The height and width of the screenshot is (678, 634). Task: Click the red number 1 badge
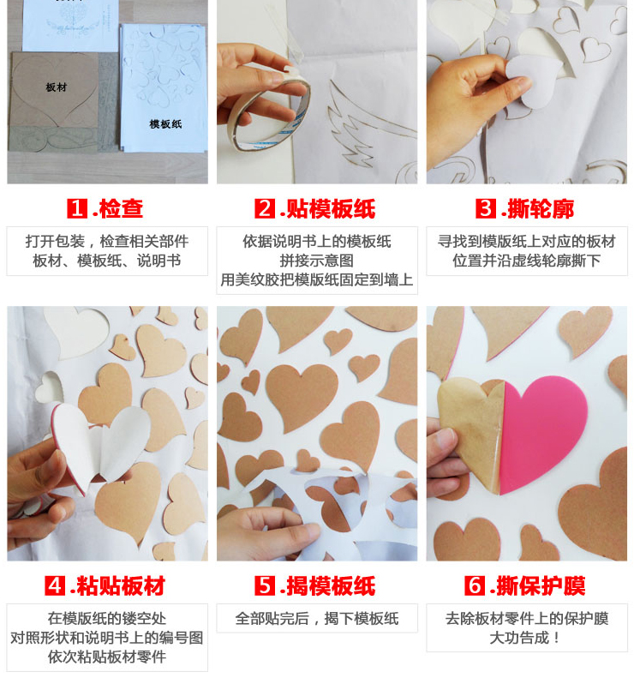(77, 208)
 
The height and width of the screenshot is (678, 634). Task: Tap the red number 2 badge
(265, 208)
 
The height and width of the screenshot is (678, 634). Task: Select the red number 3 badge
(486, 208)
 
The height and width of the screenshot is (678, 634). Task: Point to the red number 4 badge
(55, 585)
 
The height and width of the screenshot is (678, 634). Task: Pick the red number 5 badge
(265, 585)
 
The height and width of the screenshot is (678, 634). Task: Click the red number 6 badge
(475, 585)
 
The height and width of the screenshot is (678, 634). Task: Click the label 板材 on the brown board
(57, 87)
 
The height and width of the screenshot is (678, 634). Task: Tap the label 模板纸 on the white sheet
(165, 124)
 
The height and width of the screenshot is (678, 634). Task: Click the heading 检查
(121, 209)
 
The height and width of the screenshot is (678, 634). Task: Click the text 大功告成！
(526, 638)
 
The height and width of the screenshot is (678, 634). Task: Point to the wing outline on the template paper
(368, 125)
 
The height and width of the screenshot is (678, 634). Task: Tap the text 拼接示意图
(317, 261)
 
